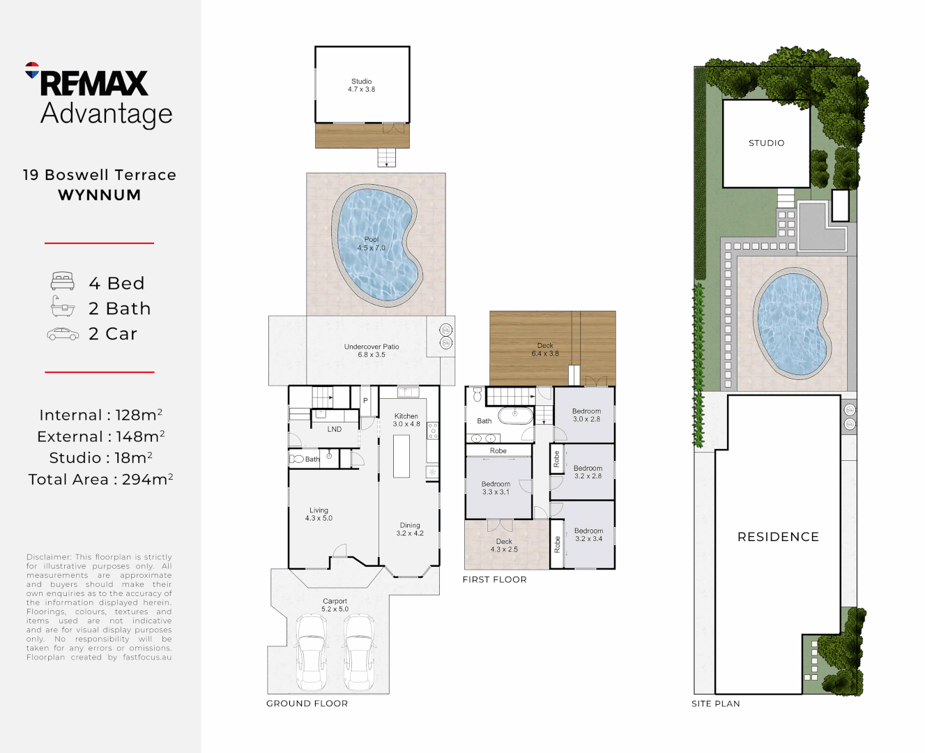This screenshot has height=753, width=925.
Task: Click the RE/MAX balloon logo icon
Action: click(x=32, y=70)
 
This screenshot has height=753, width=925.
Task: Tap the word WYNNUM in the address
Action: click(x=100, y=195)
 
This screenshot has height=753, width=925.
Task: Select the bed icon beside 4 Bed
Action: click(x=63, y=282)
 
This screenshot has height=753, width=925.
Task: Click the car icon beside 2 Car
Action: click(x=63, y=335)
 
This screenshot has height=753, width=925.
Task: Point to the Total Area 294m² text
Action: click(x=100, y=480)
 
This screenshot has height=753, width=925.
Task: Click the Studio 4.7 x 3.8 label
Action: click(x=362, y=85)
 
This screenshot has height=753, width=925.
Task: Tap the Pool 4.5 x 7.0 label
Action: click(x=372, y=243)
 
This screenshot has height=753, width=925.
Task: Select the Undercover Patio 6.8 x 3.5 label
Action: click(x=372, y=351)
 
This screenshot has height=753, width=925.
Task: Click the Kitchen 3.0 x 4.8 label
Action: click(x=406, y=420)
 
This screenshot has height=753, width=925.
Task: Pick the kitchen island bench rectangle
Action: click(x=402, y=456)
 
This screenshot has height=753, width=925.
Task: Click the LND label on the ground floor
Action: click(x=335, y=429)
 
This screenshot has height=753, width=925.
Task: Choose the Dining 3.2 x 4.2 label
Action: click(x=410, y=529)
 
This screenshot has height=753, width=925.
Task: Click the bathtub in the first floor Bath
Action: click(x=515, y=416)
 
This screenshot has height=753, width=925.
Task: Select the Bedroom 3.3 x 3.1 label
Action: click(x=496, y=488)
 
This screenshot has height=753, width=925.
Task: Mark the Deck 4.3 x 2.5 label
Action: click(x=504, y=545)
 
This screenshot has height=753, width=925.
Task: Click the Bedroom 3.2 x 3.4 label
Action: click(x=588, y=535)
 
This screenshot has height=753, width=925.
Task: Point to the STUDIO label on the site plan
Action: click(x=766, y=143)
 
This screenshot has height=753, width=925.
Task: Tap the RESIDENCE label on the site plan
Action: click(x=778, y=537)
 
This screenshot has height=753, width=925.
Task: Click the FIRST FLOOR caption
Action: click(x=494, y=579)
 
